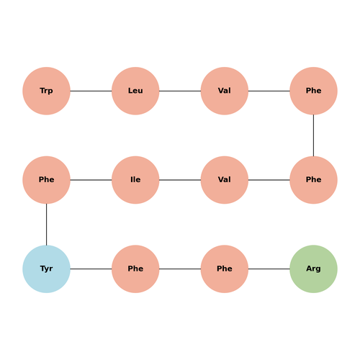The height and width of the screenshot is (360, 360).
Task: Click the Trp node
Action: click(46, 91)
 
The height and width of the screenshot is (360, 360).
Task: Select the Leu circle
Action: click(135, 91)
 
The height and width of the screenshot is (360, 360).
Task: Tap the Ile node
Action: click(135, 180)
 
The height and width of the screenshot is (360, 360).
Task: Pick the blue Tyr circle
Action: click(46, 269)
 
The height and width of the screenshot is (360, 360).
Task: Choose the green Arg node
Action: click(313, 269)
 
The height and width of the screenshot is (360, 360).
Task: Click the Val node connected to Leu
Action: click(225, 91)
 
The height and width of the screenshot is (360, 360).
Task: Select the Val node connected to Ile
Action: click(225, 180)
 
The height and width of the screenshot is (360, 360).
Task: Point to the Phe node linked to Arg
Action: click(225, 269)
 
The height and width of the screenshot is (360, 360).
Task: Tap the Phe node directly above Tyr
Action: click(46, 180)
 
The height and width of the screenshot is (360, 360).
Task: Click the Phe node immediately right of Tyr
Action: click(135, 269)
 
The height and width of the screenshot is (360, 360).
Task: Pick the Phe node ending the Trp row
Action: click(313, 91)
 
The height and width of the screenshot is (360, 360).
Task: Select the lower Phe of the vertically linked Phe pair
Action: click(313, 180)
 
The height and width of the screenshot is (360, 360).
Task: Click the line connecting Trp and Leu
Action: click(91, 91)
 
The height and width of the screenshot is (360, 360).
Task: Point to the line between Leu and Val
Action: click(180, 91)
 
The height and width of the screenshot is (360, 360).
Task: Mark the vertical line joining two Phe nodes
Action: click(313, 135)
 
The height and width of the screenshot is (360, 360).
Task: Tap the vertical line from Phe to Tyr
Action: click(46, 225)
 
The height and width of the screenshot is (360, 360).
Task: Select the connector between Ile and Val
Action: click(180, 180)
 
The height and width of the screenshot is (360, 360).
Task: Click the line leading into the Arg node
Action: click(269, 269)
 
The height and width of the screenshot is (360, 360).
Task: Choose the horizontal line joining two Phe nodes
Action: click(180, 269)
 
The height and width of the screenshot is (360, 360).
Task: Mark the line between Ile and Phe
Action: click(91, 180)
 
